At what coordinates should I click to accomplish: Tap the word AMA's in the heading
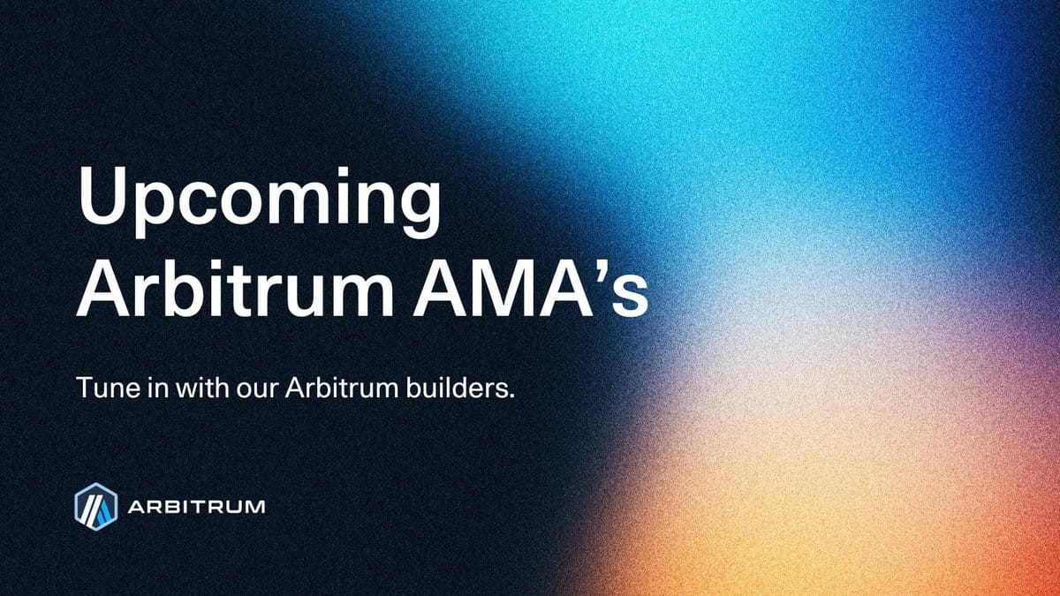(531, 288)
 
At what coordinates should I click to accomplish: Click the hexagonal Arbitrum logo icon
(95, 506)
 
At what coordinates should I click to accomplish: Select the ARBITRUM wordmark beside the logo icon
(196, 507)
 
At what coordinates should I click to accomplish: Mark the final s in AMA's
(628, 297)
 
